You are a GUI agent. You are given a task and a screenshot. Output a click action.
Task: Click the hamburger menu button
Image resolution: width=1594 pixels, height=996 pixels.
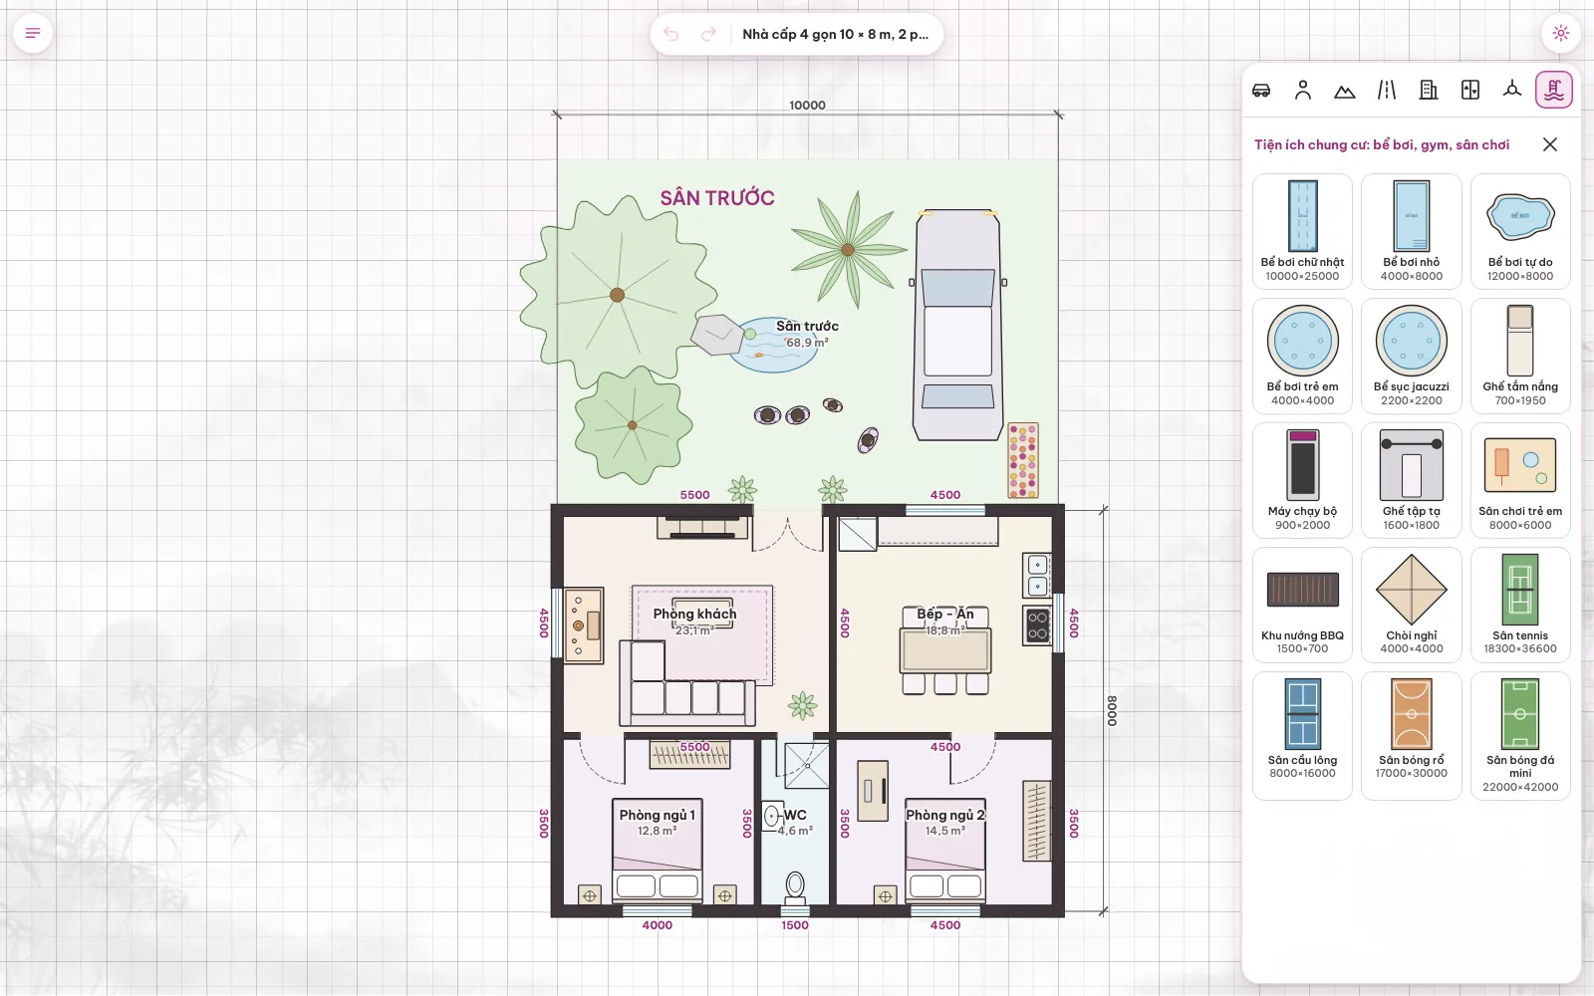pos(33,33)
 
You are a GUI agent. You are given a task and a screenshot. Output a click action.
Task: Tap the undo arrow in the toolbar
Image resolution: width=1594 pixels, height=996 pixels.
pos(670,34)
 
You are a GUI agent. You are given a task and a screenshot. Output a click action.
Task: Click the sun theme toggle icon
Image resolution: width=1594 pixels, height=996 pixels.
pos(1560,33)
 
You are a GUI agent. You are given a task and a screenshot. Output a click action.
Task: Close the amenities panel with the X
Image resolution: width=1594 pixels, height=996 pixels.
pos(1550,144)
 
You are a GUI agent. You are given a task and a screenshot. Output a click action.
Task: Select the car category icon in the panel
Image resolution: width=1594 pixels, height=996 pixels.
pos(1261,91)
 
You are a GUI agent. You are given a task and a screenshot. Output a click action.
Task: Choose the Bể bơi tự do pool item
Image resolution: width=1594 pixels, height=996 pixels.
pos(1520,231)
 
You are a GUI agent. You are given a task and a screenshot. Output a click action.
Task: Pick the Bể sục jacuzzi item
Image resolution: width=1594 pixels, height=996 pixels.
pos(1411,356)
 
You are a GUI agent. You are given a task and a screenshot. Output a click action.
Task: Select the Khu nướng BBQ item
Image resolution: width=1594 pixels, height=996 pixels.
pos(1302,605)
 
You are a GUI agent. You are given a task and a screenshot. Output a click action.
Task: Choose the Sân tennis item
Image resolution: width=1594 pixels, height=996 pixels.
pos(1520,605)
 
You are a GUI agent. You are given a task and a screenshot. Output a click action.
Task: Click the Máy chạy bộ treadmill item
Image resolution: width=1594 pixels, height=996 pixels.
pos(1302,480)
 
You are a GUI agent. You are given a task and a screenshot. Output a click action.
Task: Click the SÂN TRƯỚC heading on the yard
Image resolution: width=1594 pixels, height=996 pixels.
pos(716,198)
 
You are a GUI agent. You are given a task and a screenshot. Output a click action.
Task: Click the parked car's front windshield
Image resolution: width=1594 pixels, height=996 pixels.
pos(957,288)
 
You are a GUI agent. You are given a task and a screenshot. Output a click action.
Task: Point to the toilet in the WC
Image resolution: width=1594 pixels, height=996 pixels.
pos(795,885)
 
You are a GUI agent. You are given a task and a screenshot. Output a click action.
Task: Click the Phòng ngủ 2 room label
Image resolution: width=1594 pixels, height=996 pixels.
pos(945,815)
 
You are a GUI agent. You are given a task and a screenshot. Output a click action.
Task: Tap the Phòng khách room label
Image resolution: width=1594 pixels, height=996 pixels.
pos(694,614)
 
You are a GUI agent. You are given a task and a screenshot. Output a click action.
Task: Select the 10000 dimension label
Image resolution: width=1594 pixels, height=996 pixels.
pos(807,106)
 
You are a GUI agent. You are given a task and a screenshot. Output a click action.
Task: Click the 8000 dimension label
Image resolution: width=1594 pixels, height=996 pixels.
pos(1112,711)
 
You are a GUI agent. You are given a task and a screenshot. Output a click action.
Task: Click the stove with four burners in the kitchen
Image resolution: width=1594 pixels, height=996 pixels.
pos(1037,624)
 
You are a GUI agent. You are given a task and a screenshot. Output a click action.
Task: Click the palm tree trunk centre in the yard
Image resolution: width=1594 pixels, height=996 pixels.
pos(848,250)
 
